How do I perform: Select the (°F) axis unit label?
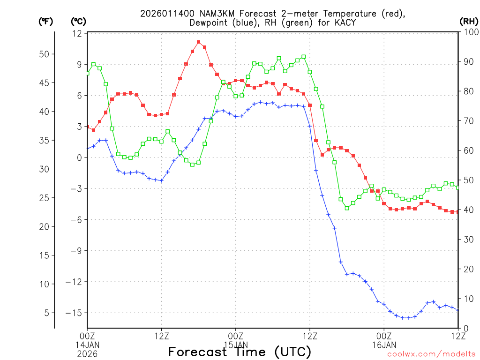[x=46, y=21]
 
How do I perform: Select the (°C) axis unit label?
[x=78, y=21]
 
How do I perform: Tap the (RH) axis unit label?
[x=468, y=21]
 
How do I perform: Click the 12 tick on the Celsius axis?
[x=77, y=34]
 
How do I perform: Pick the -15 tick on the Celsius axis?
[x=75, y=313]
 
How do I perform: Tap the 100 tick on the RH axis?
[x=468, y=32]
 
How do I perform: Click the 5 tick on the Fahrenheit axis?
[x=46, y=313]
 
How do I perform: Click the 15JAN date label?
[x=235, y=345]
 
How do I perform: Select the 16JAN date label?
[x=384, y=345]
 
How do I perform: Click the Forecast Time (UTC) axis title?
[x=240, y=352]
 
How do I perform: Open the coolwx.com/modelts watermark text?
[x=431, y=354]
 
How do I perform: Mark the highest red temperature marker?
[x=199, y=42]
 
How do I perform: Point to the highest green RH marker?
[x=304, y=57]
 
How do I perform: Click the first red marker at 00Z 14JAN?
[x=87, y=127]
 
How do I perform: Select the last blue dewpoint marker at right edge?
[x=457, y=310]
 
